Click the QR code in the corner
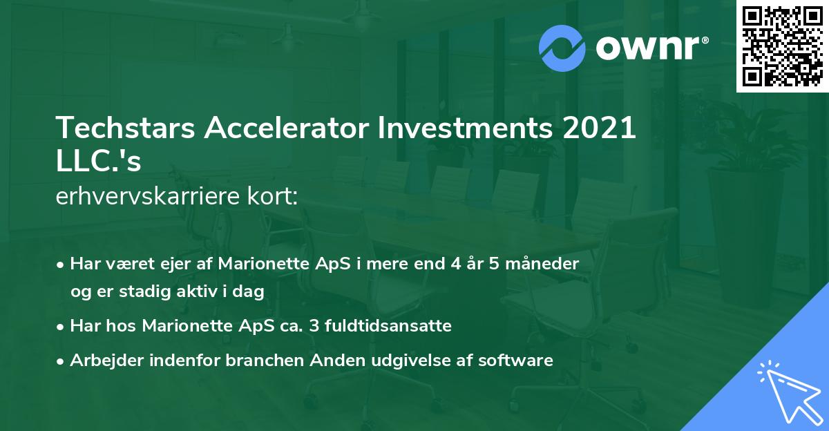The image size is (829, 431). pos(782,46)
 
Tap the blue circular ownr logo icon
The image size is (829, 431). pos(562,48)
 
